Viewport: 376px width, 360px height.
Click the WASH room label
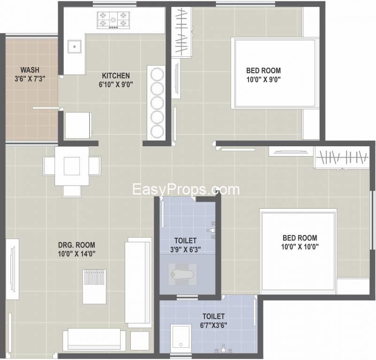pyautogui.click(x=30, y=70)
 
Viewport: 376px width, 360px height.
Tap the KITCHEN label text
pyautogui.click(x=116, y=76)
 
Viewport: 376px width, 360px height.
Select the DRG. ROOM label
pyautogui.click(x=76, y=245)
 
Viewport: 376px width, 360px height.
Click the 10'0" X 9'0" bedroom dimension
pyautogui.click(x=263, y=79)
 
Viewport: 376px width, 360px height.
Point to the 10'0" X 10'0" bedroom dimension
pyautogui.click(x=300, y=247)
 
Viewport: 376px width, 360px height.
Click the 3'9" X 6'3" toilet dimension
pyautogui.click(x=185, y=249)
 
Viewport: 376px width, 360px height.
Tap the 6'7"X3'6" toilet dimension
pyautogui.click(x=214, y=325)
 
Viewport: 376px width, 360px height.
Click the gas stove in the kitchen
pyautogui.click(x=113, y=20)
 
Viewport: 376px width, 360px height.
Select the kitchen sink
pyautogui.click(x=75, y=46)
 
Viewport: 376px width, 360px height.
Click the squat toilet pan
pyautogui.click(x=182, y=274)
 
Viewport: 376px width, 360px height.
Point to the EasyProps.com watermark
pyautogui.click(x=186, y=189)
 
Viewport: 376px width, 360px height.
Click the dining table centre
pyautogui.click(x=72, y=166)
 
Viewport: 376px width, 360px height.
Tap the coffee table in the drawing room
pyautogui.click(x=94, y=287)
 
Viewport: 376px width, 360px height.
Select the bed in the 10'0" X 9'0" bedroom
pyautogui.click(x=275, y=73)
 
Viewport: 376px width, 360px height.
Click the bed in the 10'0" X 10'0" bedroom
pyautogui.click(x=298, y=251)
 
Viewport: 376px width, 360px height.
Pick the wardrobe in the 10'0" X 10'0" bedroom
pyautogui.click(x=342, y=157)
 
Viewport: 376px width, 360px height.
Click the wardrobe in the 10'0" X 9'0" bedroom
pyautogui.click(x=181, y=32)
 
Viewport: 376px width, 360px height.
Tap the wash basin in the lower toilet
pyautogui.click(x=181, y=338)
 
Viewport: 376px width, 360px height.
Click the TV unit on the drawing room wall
pyautogui.click(x=12, y=269)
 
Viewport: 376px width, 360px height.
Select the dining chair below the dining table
pyautogui.click(x=72, y=191)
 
